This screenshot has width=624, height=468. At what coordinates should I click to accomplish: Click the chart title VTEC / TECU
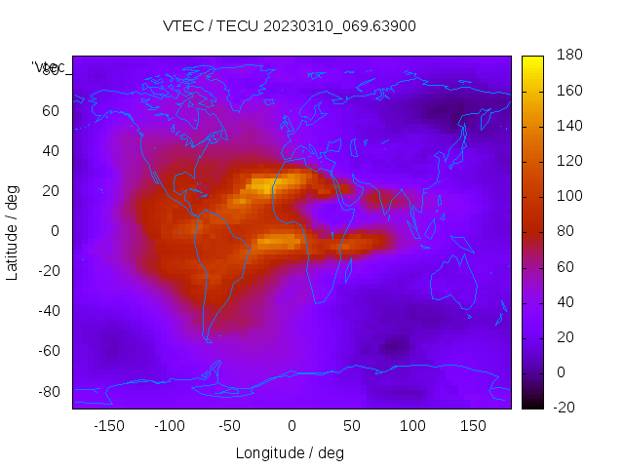290,26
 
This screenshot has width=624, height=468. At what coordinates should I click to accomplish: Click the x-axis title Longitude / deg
290,452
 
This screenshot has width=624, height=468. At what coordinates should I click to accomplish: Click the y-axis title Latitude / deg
13,231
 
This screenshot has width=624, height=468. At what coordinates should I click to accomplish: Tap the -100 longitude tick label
170,425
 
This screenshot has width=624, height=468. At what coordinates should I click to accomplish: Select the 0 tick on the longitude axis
291,425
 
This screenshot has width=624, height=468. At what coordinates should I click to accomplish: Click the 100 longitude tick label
412,425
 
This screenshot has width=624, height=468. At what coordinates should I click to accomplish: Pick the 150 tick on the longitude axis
473,425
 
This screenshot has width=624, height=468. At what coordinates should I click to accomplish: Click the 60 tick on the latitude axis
51,111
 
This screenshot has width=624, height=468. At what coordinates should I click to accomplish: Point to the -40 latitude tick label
47,311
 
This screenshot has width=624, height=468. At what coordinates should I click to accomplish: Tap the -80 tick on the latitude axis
47,391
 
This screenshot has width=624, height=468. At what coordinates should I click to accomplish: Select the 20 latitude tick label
51,191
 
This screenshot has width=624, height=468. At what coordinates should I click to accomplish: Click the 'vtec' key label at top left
49,67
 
